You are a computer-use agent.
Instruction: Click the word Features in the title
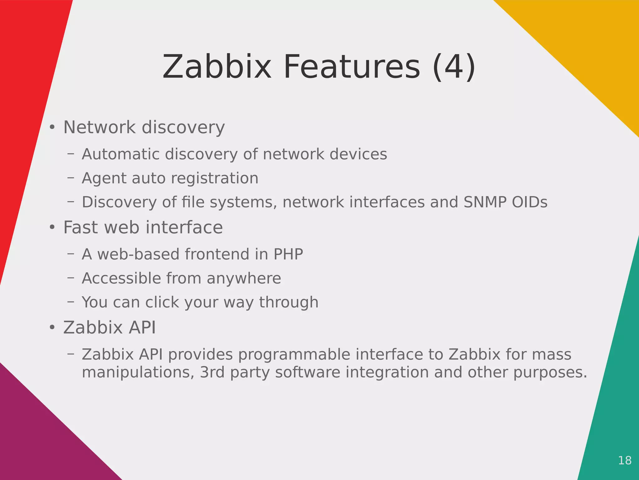pyautogui.click(x=352, y=67)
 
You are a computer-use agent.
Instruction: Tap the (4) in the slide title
pyautogui.click(x=454, y=67)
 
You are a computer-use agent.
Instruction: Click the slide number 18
pyautogui.click(x=625, y=460)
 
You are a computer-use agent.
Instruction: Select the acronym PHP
pyautogui.click(x=288, y=254)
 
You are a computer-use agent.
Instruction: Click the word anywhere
pyautogui.click(x=244, y=278)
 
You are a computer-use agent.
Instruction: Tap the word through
pyautogui.click(x=289, y=302)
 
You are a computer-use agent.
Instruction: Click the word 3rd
pyautogui.click(x=212, y=372)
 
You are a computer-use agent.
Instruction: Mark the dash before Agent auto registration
pyautogui.click(x=71, y=178)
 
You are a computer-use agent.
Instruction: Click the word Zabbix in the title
pyautogui.click(x=217, y=67)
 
